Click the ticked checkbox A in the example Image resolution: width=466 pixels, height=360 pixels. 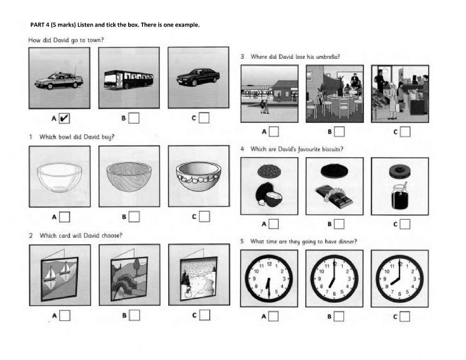click(64, 118)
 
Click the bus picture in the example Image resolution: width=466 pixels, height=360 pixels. click(129, 79)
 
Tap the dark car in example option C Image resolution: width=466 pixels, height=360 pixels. click(198, 77)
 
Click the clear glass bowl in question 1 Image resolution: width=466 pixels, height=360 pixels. click(59, 177)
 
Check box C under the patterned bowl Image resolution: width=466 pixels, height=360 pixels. click(204, 216)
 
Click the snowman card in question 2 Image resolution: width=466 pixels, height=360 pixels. click(199, 275)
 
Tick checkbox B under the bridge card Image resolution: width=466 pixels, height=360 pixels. click(134, 316)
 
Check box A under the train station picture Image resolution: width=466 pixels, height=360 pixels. click(274, 132)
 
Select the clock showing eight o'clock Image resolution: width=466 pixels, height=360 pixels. click(399, 278)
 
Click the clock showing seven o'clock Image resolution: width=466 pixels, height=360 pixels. click(334, 278)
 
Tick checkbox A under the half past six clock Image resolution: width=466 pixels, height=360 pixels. click(274, 316)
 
